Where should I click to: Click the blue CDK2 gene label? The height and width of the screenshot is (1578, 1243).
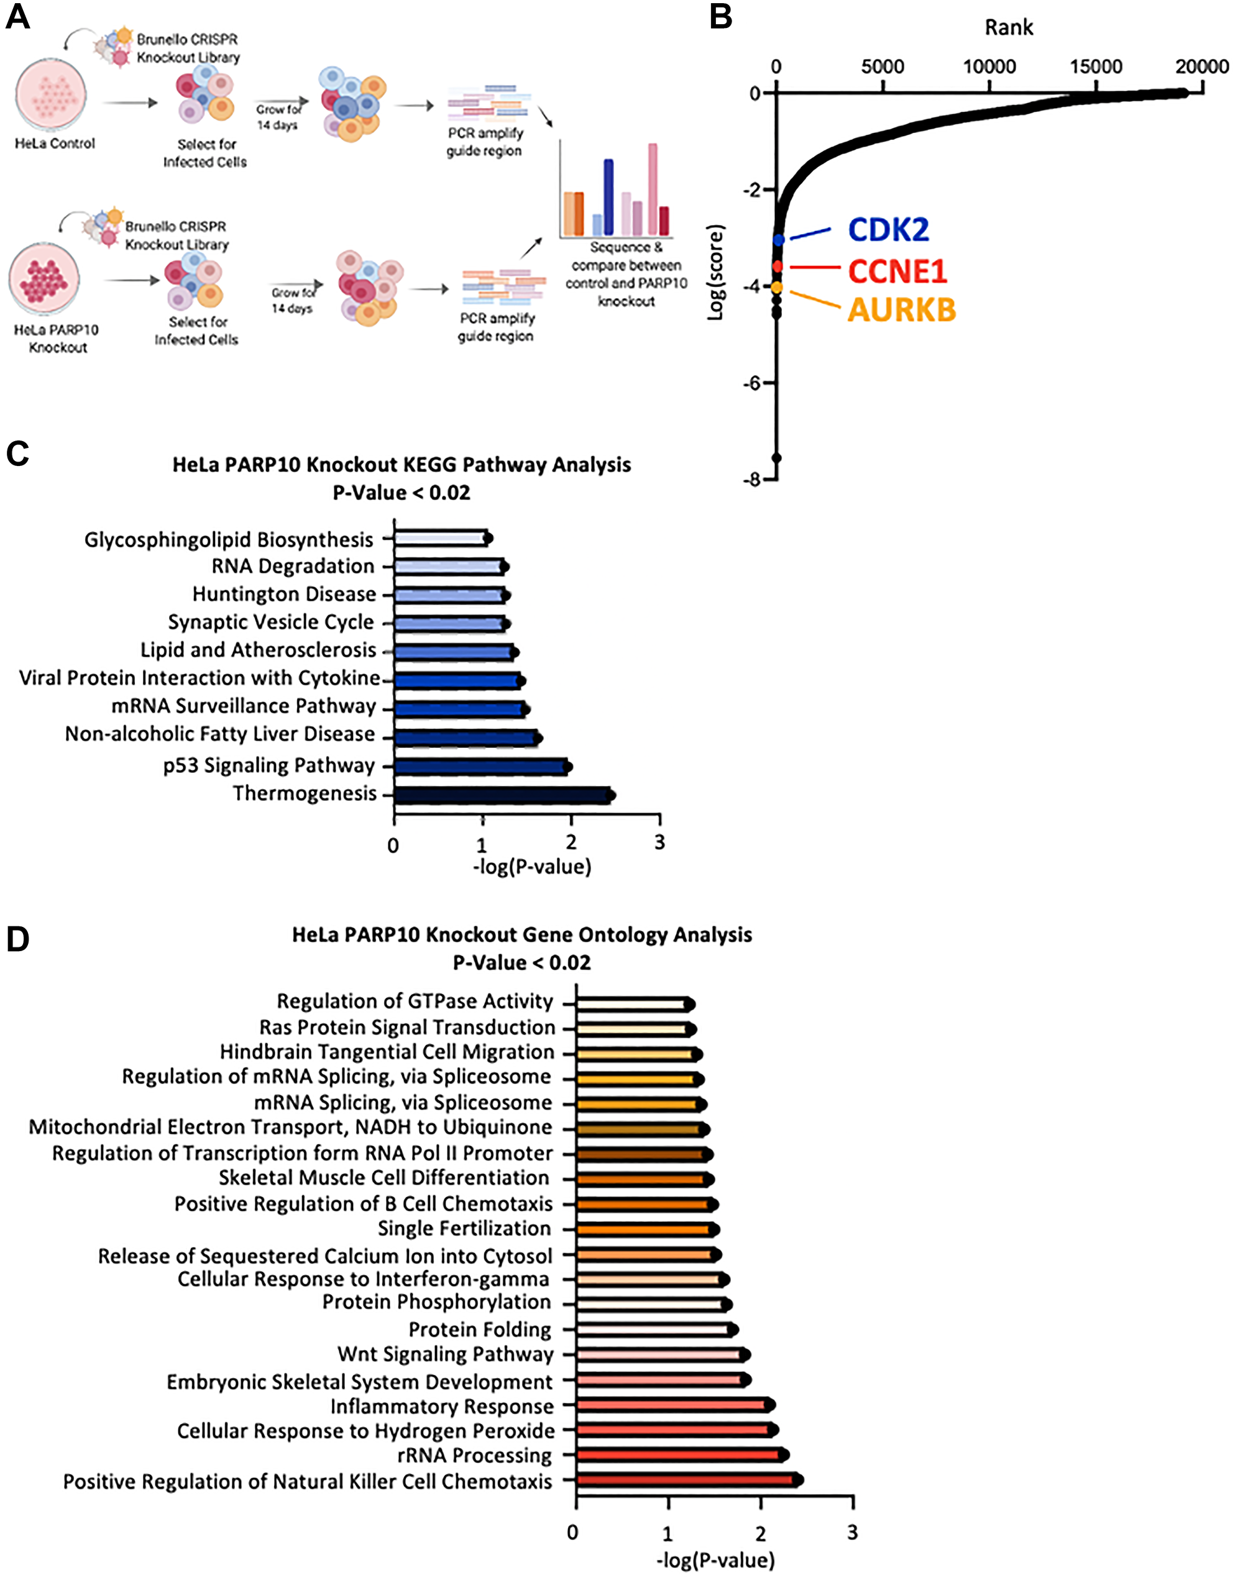pos(889,230)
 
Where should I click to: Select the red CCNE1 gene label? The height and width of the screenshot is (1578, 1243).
pos(897,271)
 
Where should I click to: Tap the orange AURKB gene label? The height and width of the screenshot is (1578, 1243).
pos(902,310)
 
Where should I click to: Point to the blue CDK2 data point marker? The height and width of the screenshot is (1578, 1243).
pos(779,239)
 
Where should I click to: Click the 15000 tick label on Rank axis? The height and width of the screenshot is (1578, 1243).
pos(1095,67)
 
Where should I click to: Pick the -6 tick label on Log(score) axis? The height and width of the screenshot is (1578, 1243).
pos(751,383)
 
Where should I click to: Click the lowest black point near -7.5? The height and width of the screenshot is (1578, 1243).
pos(776,458)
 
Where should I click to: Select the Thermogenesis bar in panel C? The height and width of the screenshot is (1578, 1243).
pos(502,795)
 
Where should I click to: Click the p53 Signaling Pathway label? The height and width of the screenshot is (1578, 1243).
pos(268,765)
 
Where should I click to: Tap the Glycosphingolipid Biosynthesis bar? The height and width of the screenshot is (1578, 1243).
pos(440,539)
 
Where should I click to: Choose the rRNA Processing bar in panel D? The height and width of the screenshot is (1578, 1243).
pos(678,1455)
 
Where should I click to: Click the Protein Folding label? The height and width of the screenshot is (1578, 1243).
pos(480,1330)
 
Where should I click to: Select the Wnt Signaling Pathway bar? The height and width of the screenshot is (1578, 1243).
pos(659,1354)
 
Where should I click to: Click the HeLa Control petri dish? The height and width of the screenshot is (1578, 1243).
pos(51,95)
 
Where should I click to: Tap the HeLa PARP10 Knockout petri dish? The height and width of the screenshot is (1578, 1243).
pos(44,280)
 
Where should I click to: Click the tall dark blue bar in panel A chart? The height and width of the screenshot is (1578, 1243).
pos(608,196)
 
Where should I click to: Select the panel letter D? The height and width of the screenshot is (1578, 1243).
pos(17,939)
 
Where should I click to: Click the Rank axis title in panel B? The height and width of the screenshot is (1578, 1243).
pos(1009,27)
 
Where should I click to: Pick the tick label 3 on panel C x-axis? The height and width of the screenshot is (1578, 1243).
pos(659,842)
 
